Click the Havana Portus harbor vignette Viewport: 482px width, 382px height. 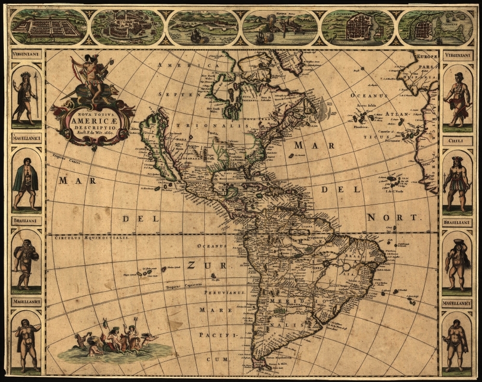280,27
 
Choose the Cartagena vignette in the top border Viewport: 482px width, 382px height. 436,27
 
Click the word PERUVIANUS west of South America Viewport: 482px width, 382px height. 225,293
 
